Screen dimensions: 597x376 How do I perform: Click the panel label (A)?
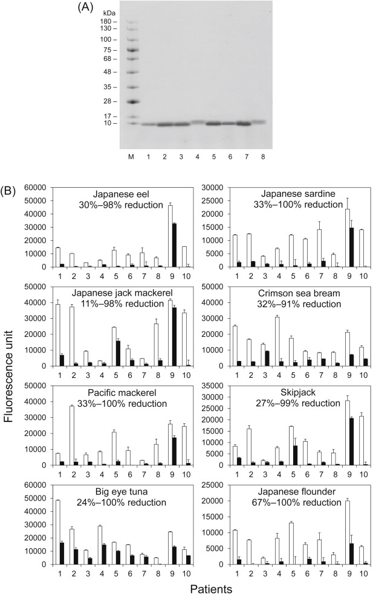[86, 8]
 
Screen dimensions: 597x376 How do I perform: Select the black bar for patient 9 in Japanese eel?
[158, 245]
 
